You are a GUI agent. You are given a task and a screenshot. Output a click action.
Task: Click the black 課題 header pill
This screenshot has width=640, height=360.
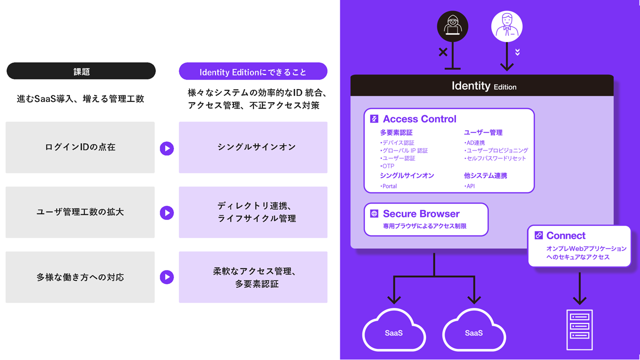(x=81, y=71)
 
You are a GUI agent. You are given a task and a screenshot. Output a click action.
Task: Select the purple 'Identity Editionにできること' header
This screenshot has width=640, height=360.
(x=253, y=71)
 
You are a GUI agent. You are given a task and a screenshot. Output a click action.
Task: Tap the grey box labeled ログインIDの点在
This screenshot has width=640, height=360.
(x=80, y=147)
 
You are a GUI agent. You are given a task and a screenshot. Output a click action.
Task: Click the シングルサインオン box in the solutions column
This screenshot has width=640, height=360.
(x=253, y=147)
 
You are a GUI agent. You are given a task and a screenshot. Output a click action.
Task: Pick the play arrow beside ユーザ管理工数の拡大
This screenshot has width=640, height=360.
(x=166, y=212)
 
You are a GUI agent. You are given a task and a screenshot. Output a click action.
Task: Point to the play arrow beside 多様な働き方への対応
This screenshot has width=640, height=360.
(x=166, y=277)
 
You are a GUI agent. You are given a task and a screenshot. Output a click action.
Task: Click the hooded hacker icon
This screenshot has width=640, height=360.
(x=452, y=26)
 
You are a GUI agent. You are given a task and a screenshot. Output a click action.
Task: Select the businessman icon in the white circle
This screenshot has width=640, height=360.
(x=506, y=26)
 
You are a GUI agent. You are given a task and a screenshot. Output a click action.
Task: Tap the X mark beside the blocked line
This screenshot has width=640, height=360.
(x=443, y=52)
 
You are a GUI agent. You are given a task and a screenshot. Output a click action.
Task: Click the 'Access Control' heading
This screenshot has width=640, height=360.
(x=419, y=119)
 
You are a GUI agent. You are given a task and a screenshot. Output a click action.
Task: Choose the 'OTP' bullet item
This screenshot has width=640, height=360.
(x=387, y=166)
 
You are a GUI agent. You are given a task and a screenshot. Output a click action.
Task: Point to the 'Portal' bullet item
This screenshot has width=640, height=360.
(x=389, y=186)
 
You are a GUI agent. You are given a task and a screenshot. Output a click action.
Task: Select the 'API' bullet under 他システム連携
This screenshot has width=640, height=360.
(x=469, y=186)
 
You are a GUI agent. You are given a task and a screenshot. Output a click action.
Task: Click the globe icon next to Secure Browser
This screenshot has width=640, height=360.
(x=374, y=214)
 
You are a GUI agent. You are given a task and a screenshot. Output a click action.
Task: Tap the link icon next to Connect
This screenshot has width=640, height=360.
(x=538, y=235)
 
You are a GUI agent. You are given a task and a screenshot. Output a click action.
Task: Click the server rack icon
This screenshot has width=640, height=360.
(x=579, y=329)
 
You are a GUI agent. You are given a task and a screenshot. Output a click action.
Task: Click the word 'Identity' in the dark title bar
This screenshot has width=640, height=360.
(x=470, y=86)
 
